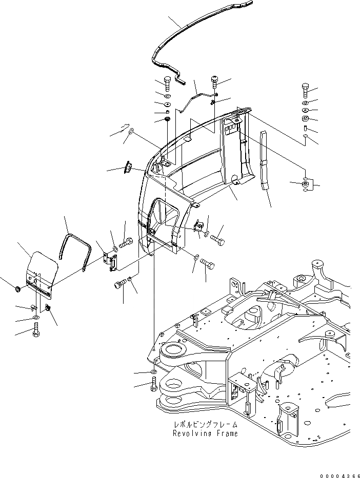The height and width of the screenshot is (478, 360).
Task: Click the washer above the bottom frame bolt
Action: pos(154,372)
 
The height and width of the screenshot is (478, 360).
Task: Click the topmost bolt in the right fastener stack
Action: pos(305,91)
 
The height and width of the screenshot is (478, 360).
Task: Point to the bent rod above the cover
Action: pos(195,101)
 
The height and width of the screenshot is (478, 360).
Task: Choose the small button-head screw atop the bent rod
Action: pos(215,80)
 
